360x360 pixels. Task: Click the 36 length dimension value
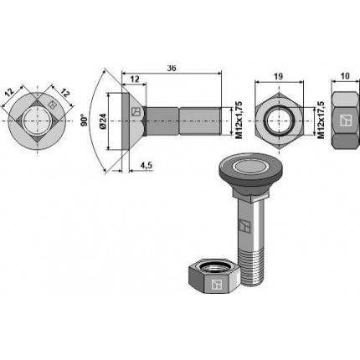tap(172, 69)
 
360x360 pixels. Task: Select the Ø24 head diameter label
tap(103, 121)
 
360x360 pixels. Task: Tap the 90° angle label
tap(85, 120)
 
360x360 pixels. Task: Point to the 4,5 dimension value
tap(146, 166)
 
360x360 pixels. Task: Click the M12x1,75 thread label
tap(239, 121)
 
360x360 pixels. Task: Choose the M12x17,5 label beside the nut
tap(321, 121)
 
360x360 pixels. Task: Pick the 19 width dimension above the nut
tap(279, 76)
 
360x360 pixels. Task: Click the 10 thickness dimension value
tap(345, 76)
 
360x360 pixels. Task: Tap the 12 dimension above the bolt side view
tap(135, 79)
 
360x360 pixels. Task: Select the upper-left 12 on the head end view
tap(9, 93)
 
